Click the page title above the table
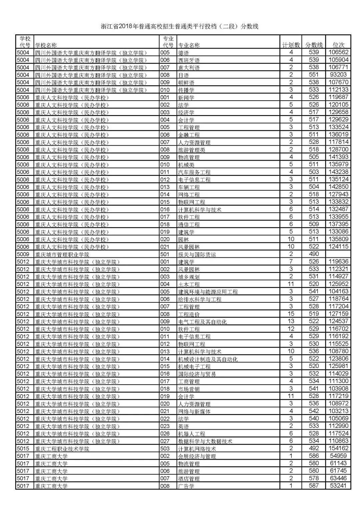click(180, 26)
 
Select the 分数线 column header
click(314, 45)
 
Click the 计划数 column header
click(291, 45)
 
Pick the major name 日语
click(184, 75)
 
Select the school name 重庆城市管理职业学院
click(62, 254)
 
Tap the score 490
click(314, 254)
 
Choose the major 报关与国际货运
click(197, 254)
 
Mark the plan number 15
click(291, 314)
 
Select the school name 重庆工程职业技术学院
click(62, 449)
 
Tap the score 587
click(314, 486)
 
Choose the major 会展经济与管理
click(197, 456)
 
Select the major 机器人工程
click(192, 434)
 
